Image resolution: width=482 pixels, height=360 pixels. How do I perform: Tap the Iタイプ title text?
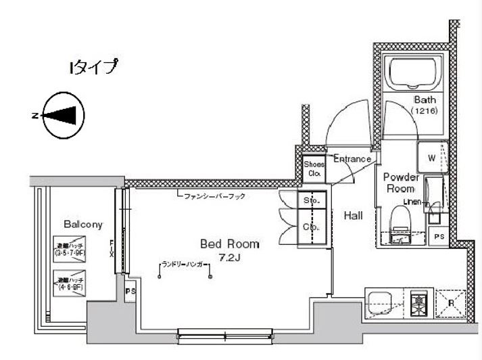point(93,66)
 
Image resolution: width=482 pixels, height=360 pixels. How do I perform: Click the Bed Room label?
point(229,243)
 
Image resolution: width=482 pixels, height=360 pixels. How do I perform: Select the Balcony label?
point(82,224)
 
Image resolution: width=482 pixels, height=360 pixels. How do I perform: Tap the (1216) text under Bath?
point(425,110)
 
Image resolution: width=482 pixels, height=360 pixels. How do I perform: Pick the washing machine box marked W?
point(433,159)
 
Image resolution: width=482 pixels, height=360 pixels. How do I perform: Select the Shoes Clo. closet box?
point(314,168)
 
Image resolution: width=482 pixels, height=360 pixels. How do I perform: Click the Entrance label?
point(352,159)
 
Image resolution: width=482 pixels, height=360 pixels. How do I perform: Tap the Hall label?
point(354,216)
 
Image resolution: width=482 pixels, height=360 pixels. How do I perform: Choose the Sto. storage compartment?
point(312,201)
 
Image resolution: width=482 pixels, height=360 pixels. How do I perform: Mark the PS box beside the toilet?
point(439,236)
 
